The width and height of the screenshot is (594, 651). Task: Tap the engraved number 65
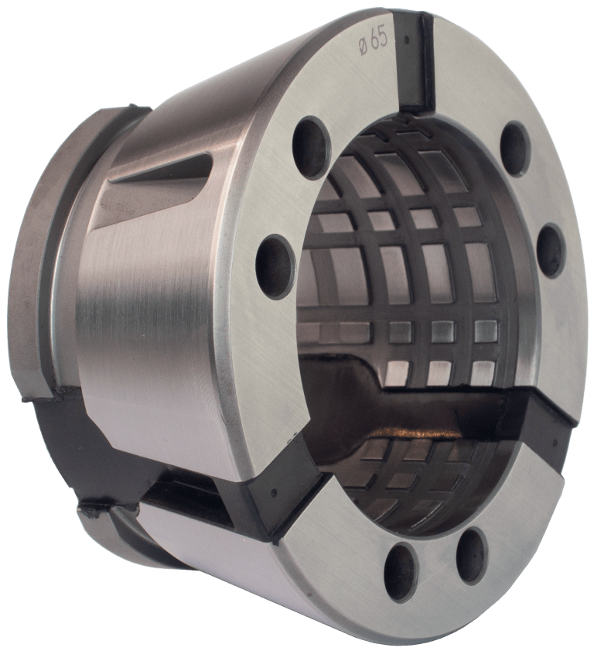[378, 41]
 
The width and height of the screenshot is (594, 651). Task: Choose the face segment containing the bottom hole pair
[433, 573]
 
